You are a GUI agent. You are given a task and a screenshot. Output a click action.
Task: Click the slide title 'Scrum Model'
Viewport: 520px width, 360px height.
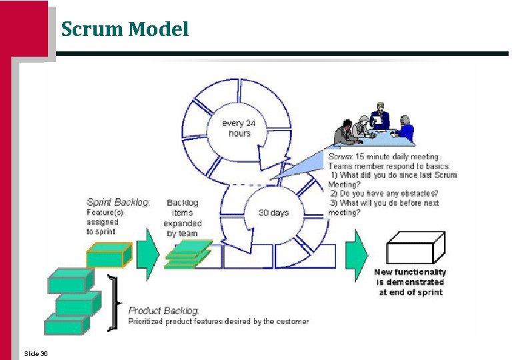point(125,29)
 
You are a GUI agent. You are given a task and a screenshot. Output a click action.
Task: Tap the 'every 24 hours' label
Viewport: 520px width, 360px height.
point(239,128)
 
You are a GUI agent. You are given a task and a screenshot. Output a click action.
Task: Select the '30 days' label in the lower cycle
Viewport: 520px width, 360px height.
point(273,213)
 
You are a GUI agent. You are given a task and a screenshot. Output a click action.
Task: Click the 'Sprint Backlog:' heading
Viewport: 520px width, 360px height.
point(118,202)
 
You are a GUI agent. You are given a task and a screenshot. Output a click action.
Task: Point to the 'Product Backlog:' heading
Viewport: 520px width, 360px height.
point(163,311)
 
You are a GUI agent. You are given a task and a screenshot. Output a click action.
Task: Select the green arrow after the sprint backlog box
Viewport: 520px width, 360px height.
point(148,254)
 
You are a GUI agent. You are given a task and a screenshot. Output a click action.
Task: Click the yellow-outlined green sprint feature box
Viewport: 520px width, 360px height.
point(109,254)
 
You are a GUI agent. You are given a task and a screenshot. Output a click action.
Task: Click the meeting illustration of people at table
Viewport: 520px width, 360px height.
point(373,127)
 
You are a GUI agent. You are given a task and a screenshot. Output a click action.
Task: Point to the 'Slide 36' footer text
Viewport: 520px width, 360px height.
point(35,353)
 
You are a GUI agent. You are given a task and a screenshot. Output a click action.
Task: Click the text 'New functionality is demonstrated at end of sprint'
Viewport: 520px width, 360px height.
point(410,282)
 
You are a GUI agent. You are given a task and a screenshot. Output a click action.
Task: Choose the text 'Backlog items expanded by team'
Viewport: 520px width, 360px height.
point(182,218)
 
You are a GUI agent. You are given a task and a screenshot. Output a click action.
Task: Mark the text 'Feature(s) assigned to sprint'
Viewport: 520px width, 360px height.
point(101,222)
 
